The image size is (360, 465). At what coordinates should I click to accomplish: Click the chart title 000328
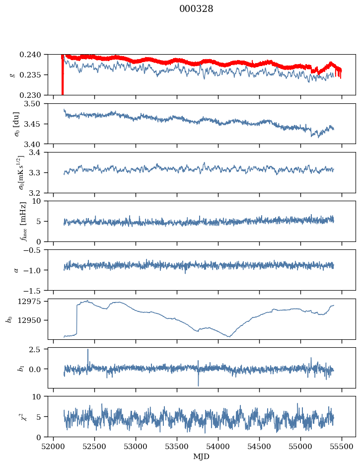[x=196, y=8]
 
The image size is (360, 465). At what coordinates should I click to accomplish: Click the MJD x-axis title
[x=201, y=456]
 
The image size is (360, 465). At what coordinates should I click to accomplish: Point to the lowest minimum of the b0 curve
[x=229, y=337]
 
